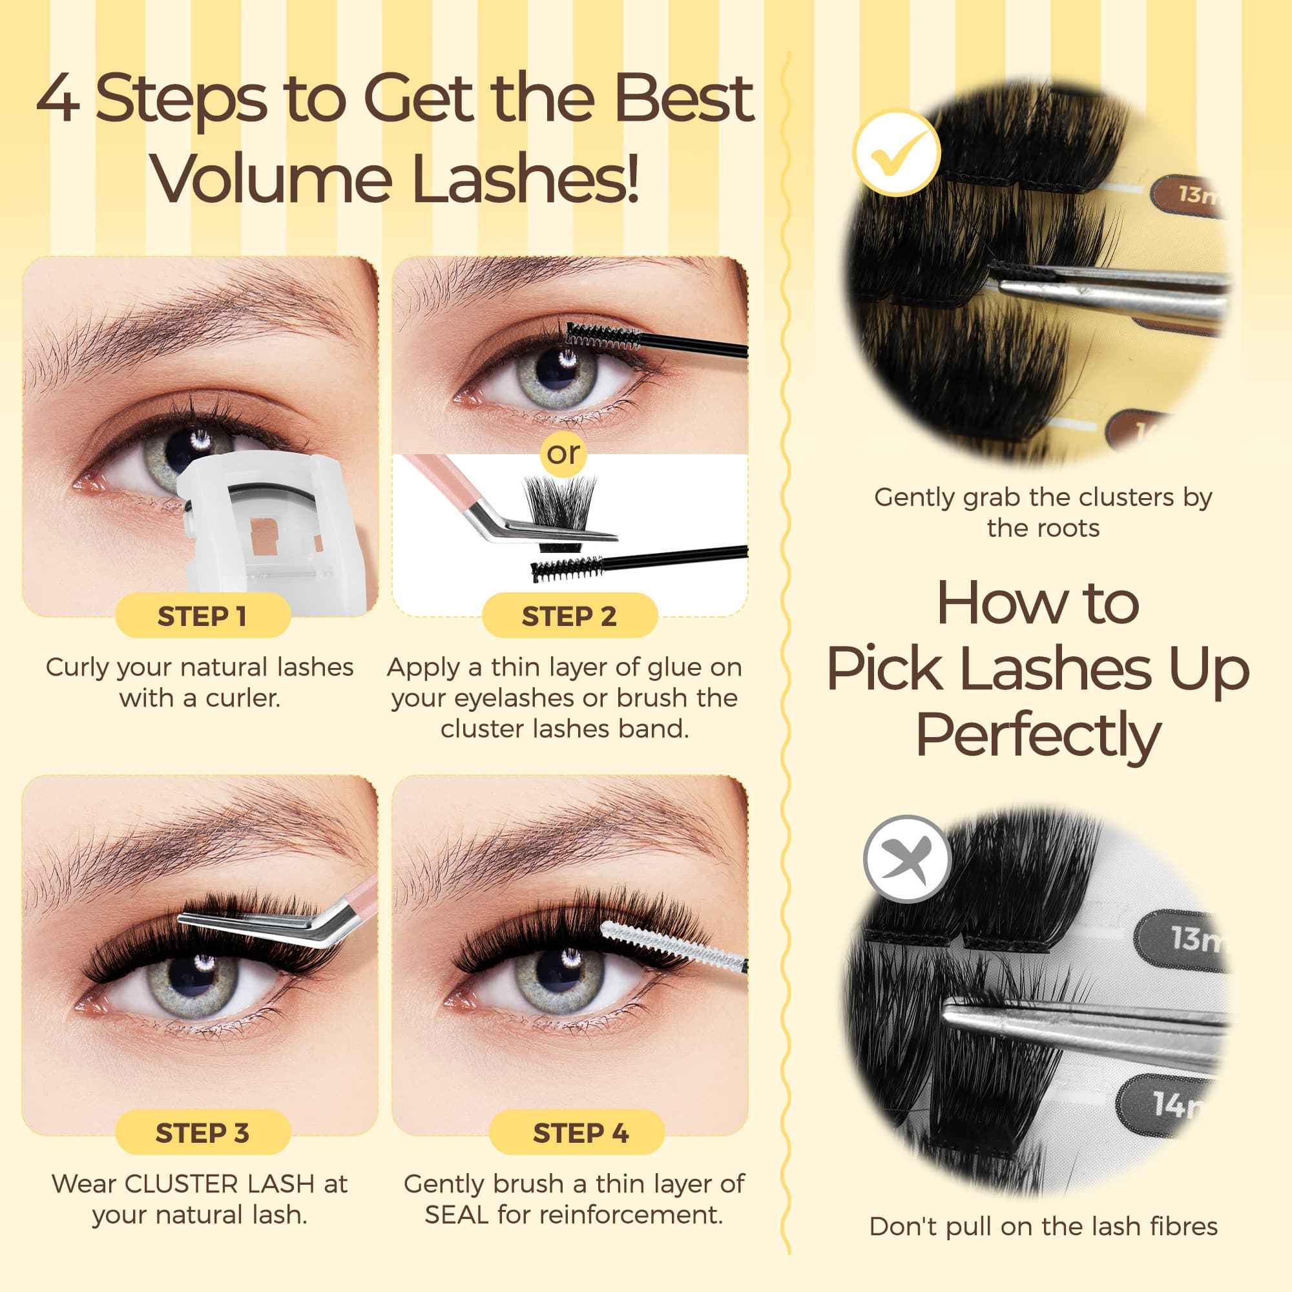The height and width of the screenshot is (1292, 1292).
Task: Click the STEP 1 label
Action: coord(202,616)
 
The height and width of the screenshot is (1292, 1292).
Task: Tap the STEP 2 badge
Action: coord(569,616)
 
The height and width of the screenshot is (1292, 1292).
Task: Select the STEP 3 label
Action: coord(202,1133)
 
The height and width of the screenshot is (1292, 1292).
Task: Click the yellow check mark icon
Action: coord(897,152)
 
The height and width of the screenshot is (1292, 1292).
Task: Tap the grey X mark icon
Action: coord(907,859)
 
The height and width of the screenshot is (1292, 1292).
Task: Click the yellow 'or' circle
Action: coord(563,453)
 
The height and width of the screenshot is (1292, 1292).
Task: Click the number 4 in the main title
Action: coord(59,99)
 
